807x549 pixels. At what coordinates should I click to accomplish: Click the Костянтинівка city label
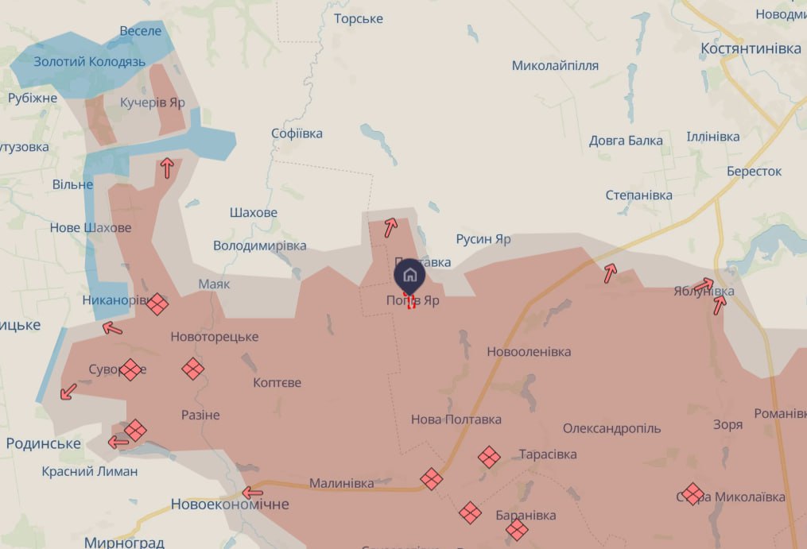coord(751,48)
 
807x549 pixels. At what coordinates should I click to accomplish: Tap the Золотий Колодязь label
coord(79,61)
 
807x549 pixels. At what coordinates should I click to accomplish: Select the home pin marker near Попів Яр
coord(409,275)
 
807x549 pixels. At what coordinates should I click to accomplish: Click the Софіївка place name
coord(297,133)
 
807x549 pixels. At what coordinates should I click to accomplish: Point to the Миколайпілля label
coord(555,65)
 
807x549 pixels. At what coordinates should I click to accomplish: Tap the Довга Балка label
coord(626,141)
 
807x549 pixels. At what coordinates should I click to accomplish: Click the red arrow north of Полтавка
coord(390,228)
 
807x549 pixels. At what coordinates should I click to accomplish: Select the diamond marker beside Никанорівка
coord(157,303)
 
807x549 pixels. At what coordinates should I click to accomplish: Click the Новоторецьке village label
coord(215,337)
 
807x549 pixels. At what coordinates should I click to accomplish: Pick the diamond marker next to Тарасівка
coord(489,457)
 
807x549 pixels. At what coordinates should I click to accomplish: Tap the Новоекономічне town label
coord(230,505)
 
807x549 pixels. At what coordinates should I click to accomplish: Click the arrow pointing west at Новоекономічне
coord(252,492)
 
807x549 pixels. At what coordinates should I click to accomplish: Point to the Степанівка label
coord(638,195)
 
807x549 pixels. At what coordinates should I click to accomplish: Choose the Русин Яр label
coord(483,239)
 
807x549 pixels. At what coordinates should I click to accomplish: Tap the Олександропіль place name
coord(611,428)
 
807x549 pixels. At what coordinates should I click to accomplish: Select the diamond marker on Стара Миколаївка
coord(693,494)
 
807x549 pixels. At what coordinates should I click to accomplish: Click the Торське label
coord(359,18)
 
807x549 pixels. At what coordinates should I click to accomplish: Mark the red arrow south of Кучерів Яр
coord(167,168)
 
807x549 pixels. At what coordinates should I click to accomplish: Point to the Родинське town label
coord(43,443)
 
